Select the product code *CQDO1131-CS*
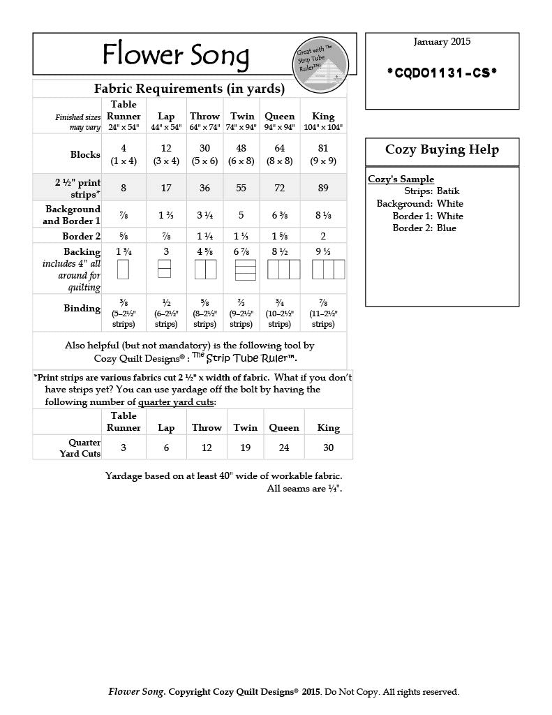coord(442,72)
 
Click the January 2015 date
coord(442,42)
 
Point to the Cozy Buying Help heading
coord(442,150)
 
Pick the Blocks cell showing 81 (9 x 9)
coord(323,154)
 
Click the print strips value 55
coord(241,187)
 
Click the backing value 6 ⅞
coord(241,251)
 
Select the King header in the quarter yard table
coord(328,427)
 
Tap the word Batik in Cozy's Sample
coord(448,191)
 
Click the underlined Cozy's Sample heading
coord(401,179)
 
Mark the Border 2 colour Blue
coord(447,228)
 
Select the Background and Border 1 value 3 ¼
coord(204,214)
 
